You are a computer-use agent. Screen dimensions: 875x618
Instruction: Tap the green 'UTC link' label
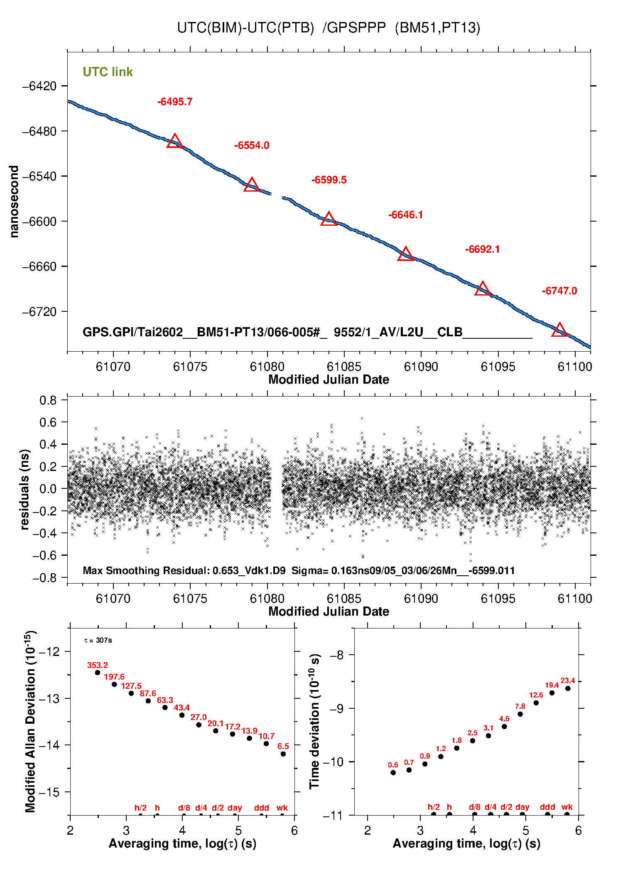coord(108,72)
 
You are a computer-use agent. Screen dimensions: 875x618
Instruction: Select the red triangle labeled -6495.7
coord(175,141)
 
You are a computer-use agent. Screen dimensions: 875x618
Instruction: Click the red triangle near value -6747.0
coord(559,330)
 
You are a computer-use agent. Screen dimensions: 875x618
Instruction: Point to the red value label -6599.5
coord(329,180)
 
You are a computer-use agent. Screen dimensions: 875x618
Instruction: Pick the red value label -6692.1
coord(482,249)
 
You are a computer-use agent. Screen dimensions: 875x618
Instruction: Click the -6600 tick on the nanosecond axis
coord(39,222)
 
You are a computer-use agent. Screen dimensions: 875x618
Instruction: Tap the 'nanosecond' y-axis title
coord(14,202)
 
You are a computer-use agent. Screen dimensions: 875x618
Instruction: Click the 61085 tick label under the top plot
coord(344,367)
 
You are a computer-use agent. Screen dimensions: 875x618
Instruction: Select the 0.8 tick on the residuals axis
coord(48,400)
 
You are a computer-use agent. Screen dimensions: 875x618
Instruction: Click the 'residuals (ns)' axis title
coord(25,489)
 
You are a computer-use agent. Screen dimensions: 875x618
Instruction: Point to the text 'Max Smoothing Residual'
coord(145,570)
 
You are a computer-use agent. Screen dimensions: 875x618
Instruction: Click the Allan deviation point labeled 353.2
coord(98,673)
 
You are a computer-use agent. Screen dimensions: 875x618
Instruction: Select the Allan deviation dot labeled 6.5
coord(283,754)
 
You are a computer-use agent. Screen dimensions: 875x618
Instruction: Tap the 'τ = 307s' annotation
coord(98,641)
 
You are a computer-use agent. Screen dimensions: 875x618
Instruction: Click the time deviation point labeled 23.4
coord(568,688)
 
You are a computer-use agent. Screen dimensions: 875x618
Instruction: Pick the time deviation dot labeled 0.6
coord(393,773)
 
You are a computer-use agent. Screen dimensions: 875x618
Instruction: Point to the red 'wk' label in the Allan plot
coord(282,808)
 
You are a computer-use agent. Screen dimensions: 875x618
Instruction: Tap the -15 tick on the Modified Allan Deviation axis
coord(49,792)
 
